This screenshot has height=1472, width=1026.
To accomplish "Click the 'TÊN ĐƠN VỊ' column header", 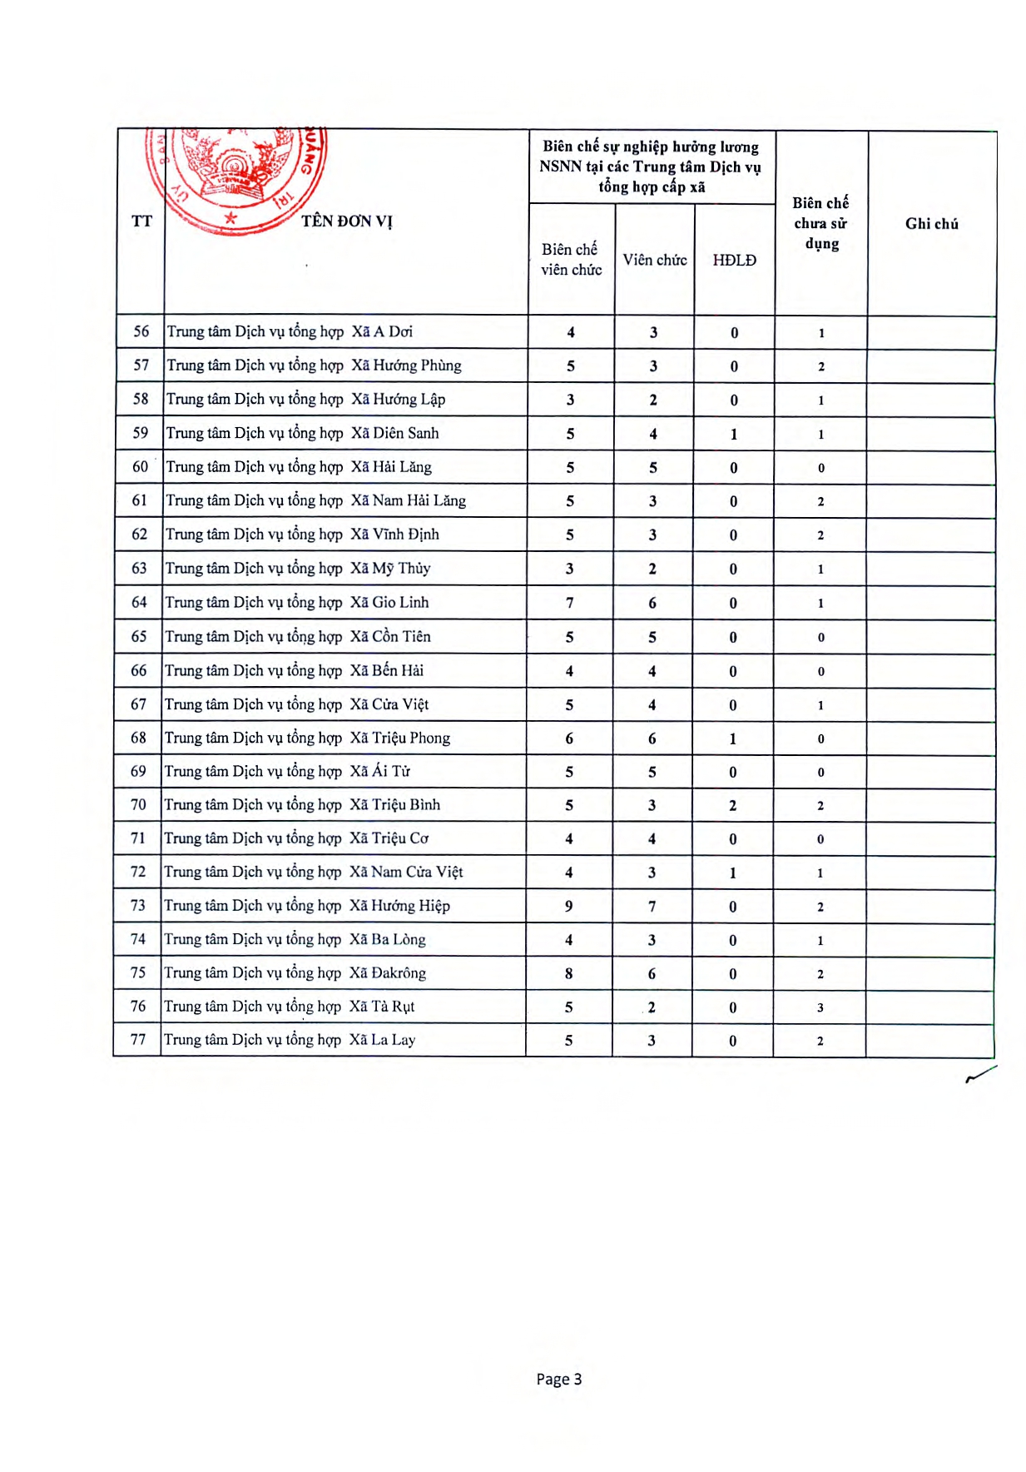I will click(x=346, y=221).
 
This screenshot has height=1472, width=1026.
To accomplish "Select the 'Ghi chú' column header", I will click(x=931, y=223).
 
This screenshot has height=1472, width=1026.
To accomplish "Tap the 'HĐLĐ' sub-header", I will click(x=734, y=260).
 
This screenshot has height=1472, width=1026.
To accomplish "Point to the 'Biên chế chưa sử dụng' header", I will click(x=820, y=223).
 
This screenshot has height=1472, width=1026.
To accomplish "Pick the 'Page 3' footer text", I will click(x=558, y=1379).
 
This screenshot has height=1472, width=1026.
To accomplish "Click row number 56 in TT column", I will click(x=141, y=331).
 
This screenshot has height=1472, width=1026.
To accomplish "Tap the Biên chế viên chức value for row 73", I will click(x=569, y=906).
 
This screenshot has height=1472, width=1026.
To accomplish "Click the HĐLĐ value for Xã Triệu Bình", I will click(x=732, y=805).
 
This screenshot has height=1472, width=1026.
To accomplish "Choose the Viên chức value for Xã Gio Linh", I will click(x=652, y=603).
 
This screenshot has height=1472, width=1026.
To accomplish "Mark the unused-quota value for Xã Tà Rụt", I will click(x=820, y=1007).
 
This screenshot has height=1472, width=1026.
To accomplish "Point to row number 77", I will click(x=138, y=1040).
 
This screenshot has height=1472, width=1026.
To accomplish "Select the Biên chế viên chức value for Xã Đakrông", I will click(x=569, y=973).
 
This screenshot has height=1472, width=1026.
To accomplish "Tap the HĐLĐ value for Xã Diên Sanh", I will click(x=734, y=434).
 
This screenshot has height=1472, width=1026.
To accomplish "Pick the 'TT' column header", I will click(x=141, y=221).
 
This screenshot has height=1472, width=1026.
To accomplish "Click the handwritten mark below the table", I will click(x=980, y=1074).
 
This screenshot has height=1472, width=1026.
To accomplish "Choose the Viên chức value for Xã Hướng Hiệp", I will click(x=652, y=906).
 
